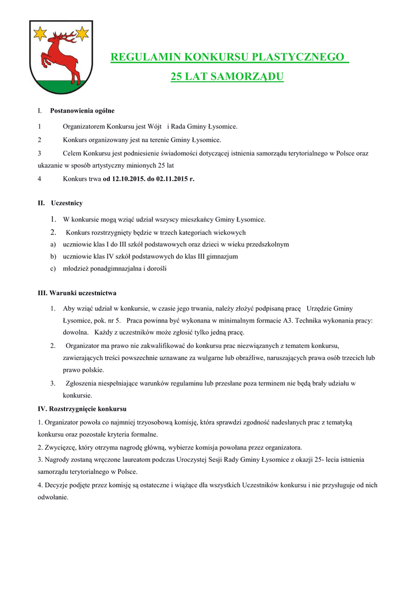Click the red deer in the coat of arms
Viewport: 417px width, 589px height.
(x=60, y=56)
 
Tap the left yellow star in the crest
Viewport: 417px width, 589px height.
(x=40, y=34)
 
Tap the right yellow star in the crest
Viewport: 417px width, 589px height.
(x=83, y=34)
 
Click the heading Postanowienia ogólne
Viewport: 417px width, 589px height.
(x=82, y=110)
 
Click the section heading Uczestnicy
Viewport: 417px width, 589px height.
(x=67, y=203)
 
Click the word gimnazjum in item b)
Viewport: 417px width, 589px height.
(x=223, y=257)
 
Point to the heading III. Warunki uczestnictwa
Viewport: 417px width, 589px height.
(x=77, y=293)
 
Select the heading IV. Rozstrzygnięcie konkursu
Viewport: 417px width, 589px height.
(x=82, y=409)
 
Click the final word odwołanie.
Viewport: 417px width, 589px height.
(x=52, y=498)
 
